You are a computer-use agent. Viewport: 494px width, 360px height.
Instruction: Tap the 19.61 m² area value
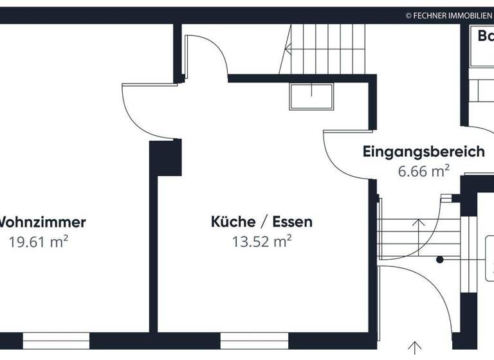coord(39,242)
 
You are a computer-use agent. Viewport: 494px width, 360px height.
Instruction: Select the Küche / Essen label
coord(262,222)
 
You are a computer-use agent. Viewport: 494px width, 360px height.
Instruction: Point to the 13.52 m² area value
coord(262,242)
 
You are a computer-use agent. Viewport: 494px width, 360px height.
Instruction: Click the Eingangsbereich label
coord(423,152)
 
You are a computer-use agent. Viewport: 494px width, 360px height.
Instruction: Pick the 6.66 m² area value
coord(423,171)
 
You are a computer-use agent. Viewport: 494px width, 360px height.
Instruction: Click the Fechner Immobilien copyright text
coord(448,14)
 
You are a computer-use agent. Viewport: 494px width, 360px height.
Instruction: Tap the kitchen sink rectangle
coord(313,98)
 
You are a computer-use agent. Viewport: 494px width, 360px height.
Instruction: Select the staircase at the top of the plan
coord(325,48)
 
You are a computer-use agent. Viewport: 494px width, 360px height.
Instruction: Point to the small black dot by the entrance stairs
coord(440,260)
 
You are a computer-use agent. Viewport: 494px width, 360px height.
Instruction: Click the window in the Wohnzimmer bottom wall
coord(56,341)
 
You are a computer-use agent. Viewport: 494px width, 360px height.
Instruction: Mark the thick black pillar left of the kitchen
coord(166,157)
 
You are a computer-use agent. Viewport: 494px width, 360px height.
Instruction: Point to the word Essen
coord(292,222)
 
